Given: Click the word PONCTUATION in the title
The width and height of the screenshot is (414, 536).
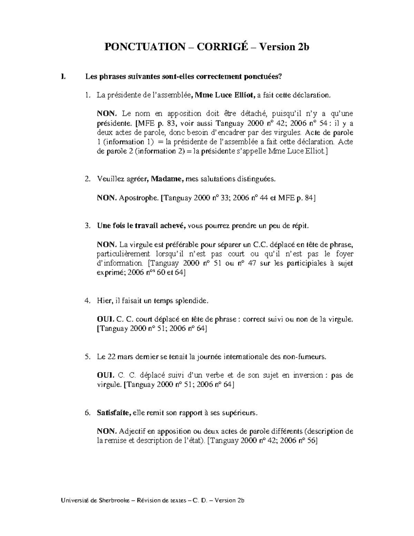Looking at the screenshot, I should [x=145, y=47].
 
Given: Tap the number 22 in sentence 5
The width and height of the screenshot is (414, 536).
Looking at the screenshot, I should [x=111, y=357].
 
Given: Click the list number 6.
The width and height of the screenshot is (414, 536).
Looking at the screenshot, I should [x=87, y=413].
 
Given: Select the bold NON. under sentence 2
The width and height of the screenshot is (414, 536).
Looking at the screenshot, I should [x=107, y=198].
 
